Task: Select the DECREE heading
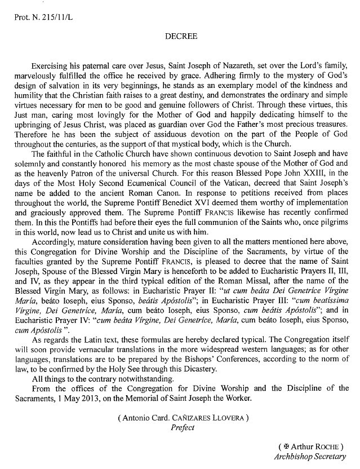pos(180,36)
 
